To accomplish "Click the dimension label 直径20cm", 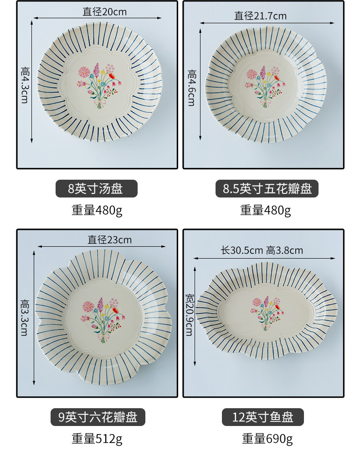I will (x=98, y=11).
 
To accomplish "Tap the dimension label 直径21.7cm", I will (x=260, y=16).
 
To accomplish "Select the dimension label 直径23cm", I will (x=109, y=239).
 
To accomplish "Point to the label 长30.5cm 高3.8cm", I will (x=262, y=250).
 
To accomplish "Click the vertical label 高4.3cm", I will (x=25, y=84).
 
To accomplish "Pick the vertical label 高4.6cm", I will (x=191, y=88).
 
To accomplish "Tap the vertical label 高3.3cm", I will (x=25, y=317).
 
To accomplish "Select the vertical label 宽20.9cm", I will (x=189, y=315).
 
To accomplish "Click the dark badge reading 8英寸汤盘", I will (x=96, y=188).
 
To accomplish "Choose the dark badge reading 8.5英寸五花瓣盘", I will (x=267, y=188).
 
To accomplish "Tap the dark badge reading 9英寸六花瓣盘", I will (x=98, y=416).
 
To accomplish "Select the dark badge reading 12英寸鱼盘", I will (x=263, y=417).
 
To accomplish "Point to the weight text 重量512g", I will (x=97, y=439).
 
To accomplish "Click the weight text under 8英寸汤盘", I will (x=97, y=210).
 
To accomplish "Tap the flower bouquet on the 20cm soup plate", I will (x=97, y=85).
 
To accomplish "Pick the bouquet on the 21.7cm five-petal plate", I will (x=266, y=85).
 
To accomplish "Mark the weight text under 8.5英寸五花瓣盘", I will (x=265, y=210).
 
